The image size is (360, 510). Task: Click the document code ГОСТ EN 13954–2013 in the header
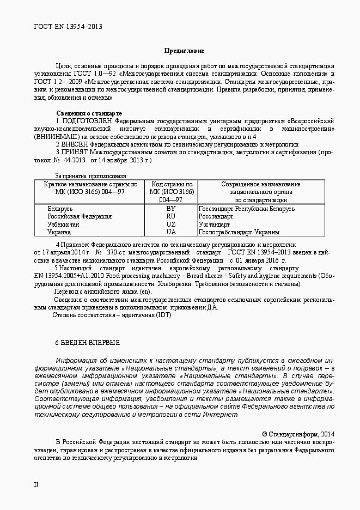pos(68,26)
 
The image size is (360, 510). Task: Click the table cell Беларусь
pos(60,209)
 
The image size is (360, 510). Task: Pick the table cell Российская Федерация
pos(80,216)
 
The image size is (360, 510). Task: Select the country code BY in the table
pos(171,209)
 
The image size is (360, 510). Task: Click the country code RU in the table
pos(171,216)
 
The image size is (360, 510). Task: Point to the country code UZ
pos(171,224)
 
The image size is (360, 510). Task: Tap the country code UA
pos(171,232)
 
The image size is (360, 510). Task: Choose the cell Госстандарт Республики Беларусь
pos(247,209)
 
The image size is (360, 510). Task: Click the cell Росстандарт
pos(216,216)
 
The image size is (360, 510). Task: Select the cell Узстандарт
pos(215,224)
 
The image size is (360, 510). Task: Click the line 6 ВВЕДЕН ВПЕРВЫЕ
pos(87,343)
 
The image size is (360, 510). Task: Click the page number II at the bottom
pos(36,484)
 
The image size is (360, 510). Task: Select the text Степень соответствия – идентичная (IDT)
pos(111,315)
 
